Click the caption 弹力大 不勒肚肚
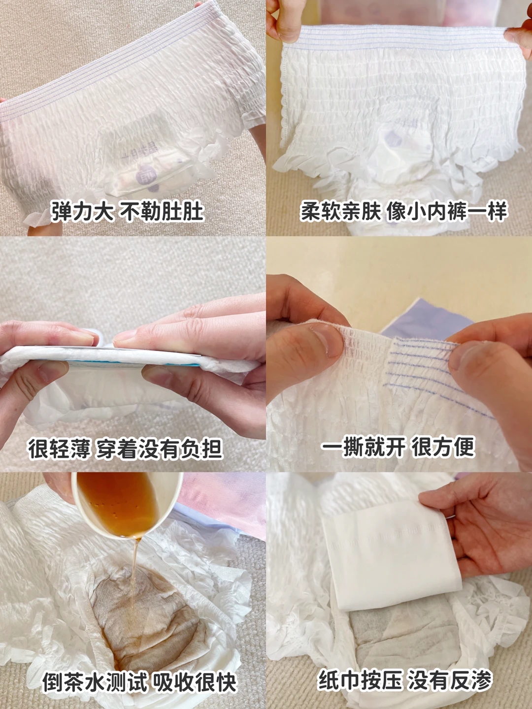[x=127, y=212]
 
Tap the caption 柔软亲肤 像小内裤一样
[x=404, y=212]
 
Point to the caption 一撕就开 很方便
[x=398, y=448]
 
